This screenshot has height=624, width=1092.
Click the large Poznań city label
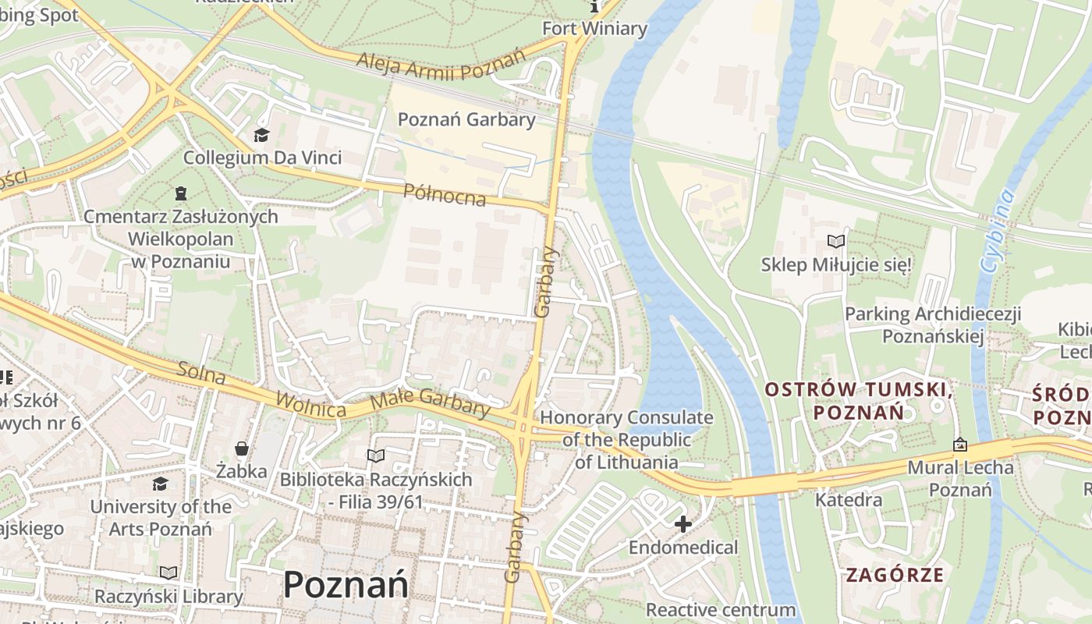(x=346, y=583)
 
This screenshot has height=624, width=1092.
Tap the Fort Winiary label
(x=595, y=29)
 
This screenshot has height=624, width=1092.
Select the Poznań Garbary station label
(x=466, y=119)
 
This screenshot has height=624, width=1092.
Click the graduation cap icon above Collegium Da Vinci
(x=261, y=136)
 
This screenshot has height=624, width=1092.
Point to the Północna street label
(x=445, y=194)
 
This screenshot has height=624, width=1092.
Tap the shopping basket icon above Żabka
(x=242, y=448)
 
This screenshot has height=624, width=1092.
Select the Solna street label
(x=201, y=374)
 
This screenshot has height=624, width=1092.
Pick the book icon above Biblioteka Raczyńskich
(x=376, y=456)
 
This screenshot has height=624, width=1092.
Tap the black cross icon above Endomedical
(x=683, y=524)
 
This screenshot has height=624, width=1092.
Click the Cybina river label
(x=998, y=231)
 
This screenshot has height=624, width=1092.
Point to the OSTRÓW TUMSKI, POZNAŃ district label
(x=858, y=400)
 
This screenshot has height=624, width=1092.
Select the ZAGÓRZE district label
(x=895, y=576)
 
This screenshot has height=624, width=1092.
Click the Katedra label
(x=849, y=499)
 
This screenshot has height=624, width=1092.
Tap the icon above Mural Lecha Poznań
(x=960, y=445)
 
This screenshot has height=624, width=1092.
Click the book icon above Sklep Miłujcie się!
(x=836, y=242)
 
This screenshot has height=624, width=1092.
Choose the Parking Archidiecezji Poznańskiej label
(x=933, y=325)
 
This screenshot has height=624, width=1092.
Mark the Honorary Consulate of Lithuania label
(x=626, y=439)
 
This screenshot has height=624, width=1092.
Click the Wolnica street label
(x=310, y=404)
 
